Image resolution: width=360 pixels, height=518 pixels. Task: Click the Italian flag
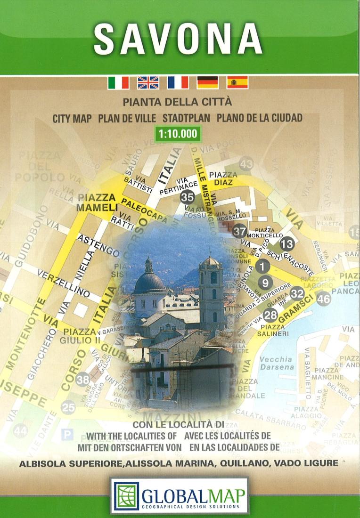coord(118,83)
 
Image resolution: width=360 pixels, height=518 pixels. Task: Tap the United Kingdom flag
coord(148,83)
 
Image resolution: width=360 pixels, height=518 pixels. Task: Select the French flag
coord(178,83)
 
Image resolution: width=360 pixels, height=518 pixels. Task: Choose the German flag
coord(207,83)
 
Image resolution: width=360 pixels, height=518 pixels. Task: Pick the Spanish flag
coord(237,83)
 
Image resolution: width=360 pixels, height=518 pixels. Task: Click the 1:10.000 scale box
coord(178,134)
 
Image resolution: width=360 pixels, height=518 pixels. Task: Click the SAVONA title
coord(178,39)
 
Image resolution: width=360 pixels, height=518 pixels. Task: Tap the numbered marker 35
coord(187,197)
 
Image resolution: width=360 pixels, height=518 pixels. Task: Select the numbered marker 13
coord(286,244)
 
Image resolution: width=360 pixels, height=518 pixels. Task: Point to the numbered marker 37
coord(239,231)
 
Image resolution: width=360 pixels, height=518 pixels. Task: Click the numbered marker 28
coord(270,315)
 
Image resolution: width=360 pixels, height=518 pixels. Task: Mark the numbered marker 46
coord(324,299)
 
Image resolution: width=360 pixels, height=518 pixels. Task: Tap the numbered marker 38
coord(83,379)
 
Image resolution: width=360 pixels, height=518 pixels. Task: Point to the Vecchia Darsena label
coord(276,363)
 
